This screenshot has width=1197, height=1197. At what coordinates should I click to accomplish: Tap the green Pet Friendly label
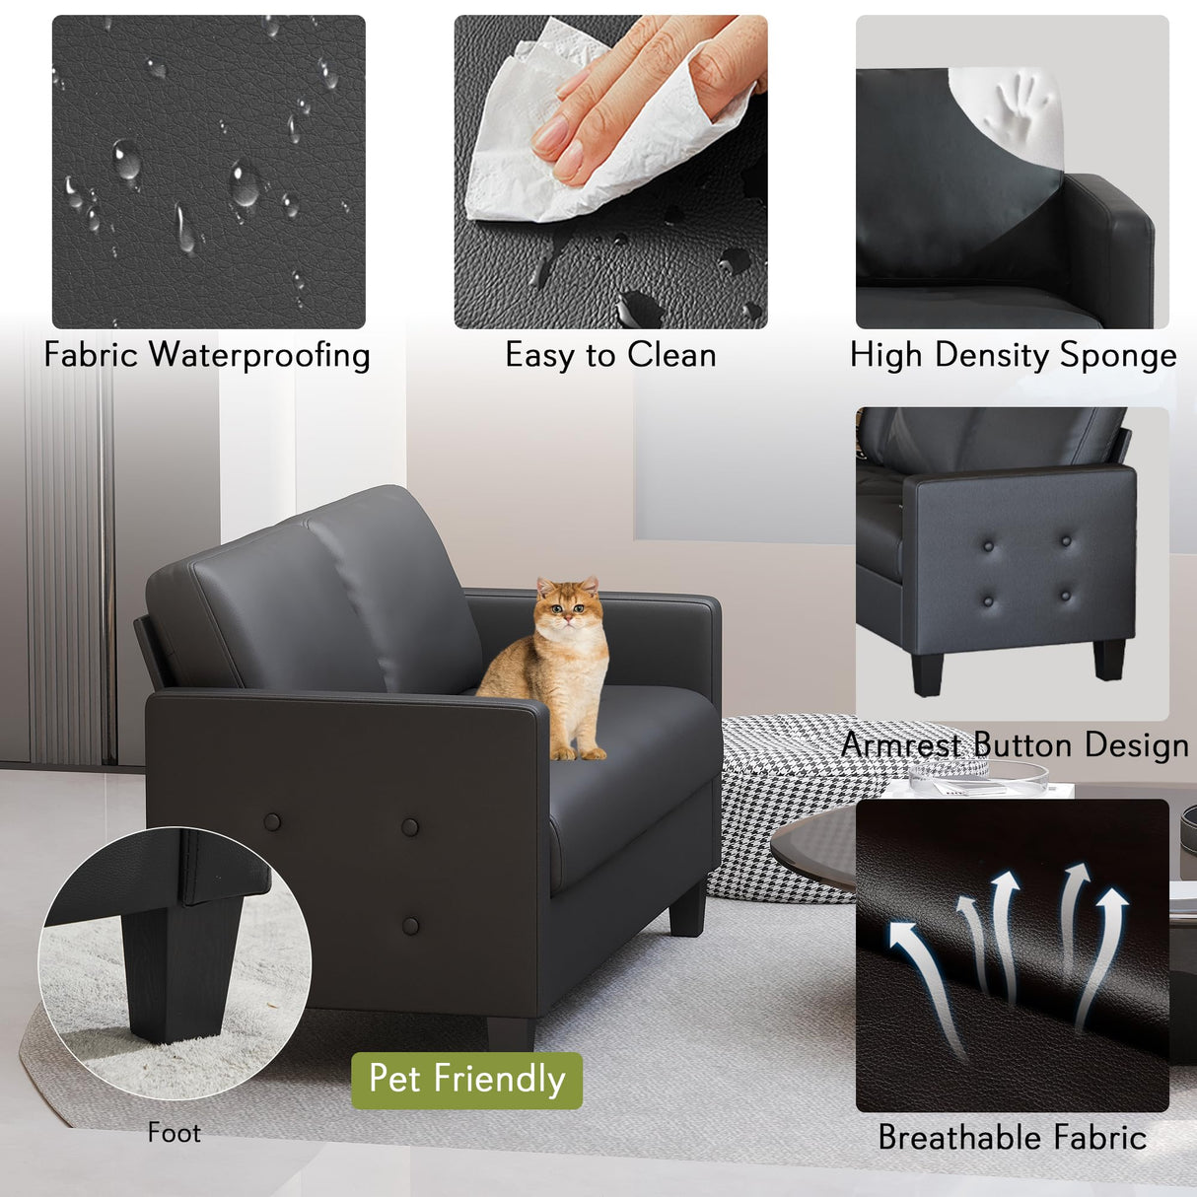(466, 1080)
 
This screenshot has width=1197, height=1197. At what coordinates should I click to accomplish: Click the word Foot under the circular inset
(174, 1133)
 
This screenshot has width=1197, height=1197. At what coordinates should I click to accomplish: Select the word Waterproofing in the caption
(259, 355)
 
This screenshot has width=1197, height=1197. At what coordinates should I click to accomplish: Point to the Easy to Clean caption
(610, 355)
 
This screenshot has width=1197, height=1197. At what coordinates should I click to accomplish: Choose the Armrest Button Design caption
(1015, 744)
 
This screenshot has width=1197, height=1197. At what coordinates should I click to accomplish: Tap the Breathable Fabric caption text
(1012, 1137)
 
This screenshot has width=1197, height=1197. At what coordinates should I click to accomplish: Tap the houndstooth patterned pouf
(779, 809)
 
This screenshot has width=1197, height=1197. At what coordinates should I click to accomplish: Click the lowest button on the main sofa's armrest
(411, 925)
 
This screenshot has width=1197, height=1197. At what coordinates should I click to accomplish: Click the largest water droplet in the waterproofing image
(244, 182)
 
